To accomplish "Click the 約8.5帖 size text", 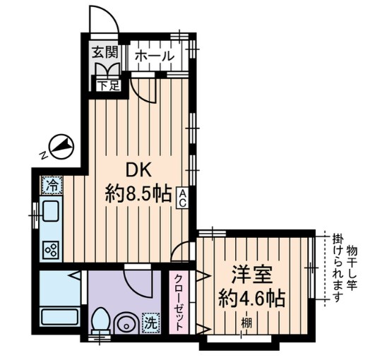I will pyautogui.click(x=139, y=193).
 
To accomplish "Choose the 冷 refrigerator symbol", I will pyautogui.click(x=52, y=185).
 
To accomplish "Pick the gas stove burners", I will pyautogui.click(x=52, y=248).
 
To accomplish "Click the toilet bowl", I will pyautogui.click(x=100, y=322).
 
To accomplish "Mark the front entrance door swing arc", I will pyautogui.click(x=103, y=18).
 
